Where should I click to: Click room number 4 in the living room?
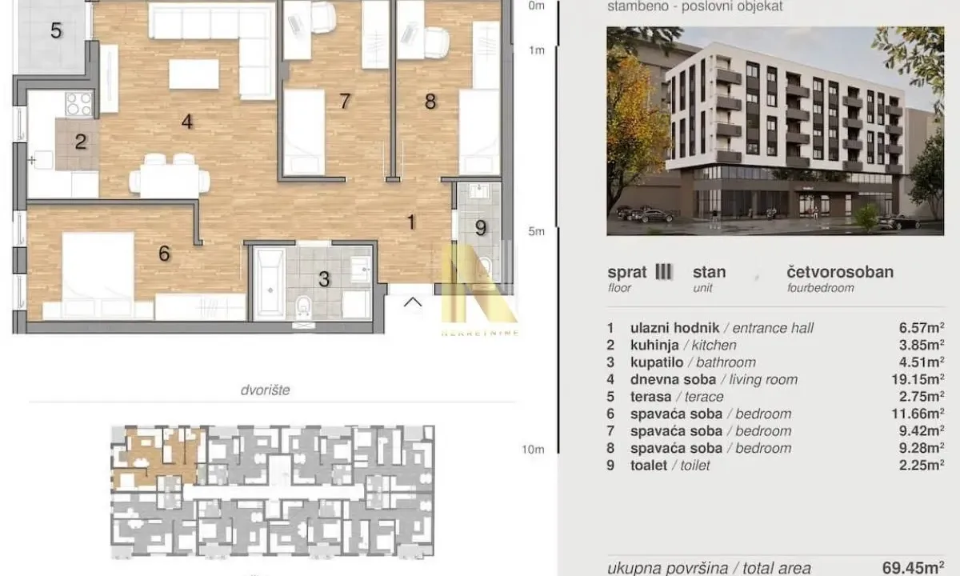[186, 122]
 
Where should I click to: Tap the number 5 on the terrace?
[55, 31]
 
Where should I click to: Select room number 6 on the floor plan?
[164, 254]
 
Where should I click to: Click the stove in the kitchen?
[78, 104]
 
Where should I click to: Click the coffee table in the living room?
[194, 74]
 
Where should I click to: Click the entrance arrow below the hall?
[413, 302]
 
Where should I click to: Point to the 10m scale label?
[533, 450]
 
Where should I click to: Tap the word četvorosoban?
[840, 272]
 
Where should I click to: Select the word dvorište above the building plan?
[265, 390]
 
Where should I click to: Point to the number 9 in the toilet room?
[480, 228]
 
